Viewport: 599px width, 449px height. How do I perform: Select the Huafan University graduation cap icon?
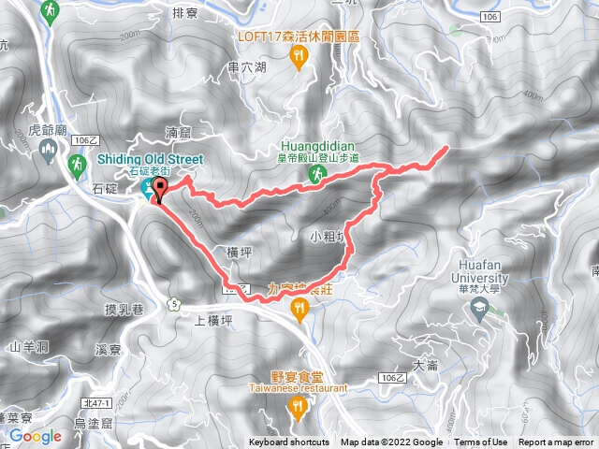click(481, 307)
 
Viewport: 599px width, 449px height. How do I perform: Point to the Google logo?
click(35, 436)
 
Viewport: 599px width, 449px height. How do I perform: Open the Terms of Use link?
click(482, 442)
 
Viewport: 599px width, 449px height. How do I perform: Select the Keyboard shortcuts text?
click(290, 442)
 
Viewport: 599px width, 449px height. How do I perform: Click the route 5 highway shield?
click(173, 303)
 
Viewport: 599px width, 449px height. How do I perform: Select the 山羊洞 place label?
click(27, 346)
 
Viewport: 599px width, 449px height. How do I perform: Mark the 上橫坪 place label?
click(212, 320)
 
